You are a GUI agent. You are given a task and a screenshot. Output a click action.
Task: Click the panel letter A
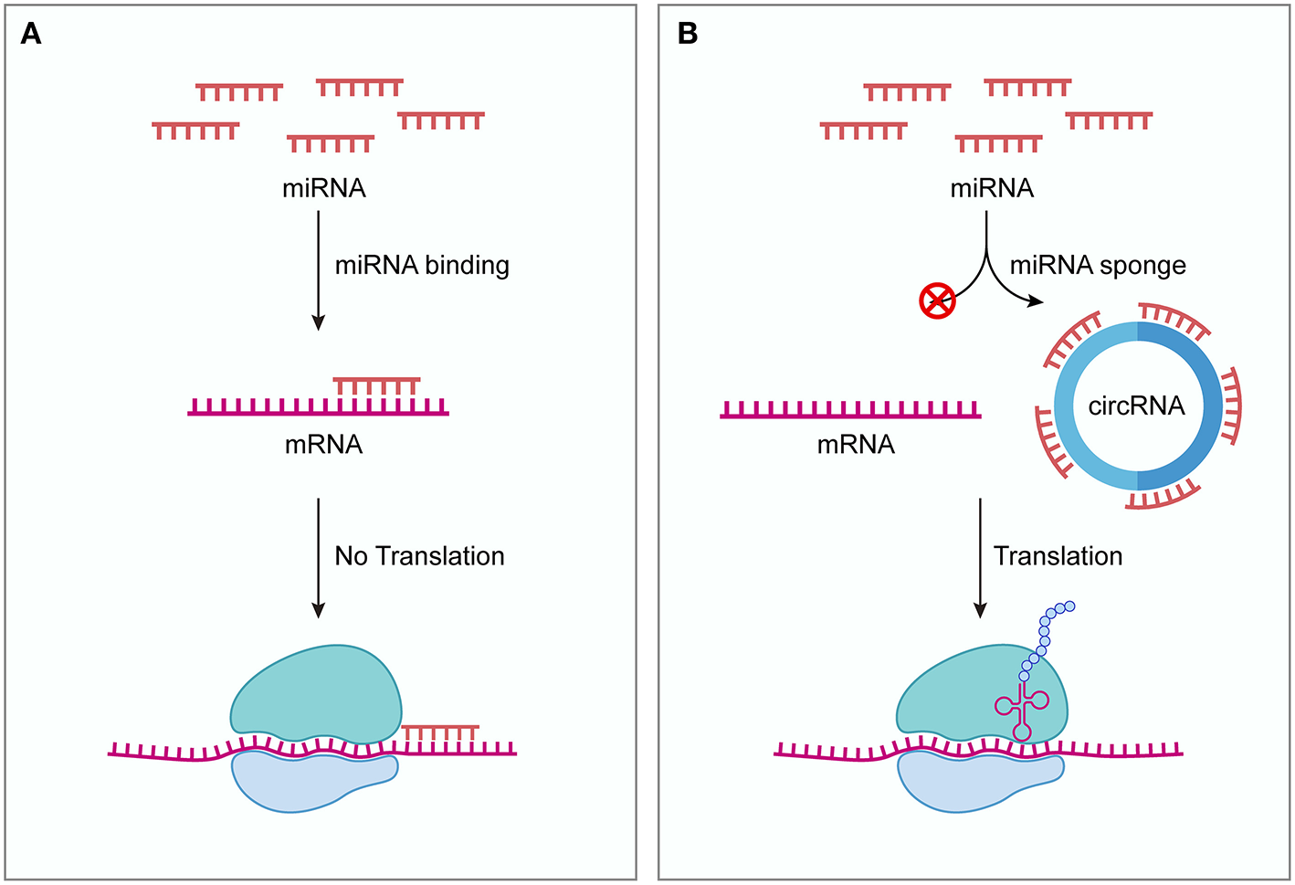click(31, 34)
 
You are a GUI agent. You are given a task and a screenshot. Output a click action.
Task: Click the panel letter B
click(688, 34)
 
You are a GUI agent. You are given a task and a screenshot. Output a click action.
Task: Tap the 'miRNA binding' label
click(422, 266)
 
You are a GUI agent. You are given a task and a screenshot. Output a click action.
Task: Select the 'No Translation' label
click(419, 556)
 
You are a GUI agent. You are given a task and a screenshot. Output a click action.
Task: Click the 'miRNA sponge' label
click(1098, 266)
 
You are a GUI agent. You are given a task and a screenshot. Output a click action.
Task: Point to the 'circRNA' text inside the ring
click(1136, 406)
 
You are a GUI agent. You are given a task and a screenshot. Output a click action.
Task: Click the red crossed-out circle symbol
click(937, 300)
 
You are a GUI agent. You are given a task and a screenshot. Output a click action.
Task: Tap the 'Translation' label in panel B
click(1058, 556)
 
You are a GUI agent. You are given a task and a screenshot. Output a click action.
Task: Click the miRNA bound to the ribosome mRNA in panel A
click(440, 732)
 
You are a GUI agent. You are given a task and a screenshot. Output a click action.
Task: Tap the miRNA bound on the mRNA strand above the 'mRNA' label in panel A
click(376, 385)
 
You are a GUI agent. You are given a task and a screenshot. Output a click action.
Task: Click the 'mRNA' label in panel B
click(856, 445)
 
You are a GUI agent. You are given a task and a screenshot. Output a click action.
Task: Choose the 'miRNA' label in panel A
click(324, 188)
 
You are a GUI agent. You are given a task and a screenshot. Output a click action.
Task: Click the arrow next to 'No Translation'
click(318, 557)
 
